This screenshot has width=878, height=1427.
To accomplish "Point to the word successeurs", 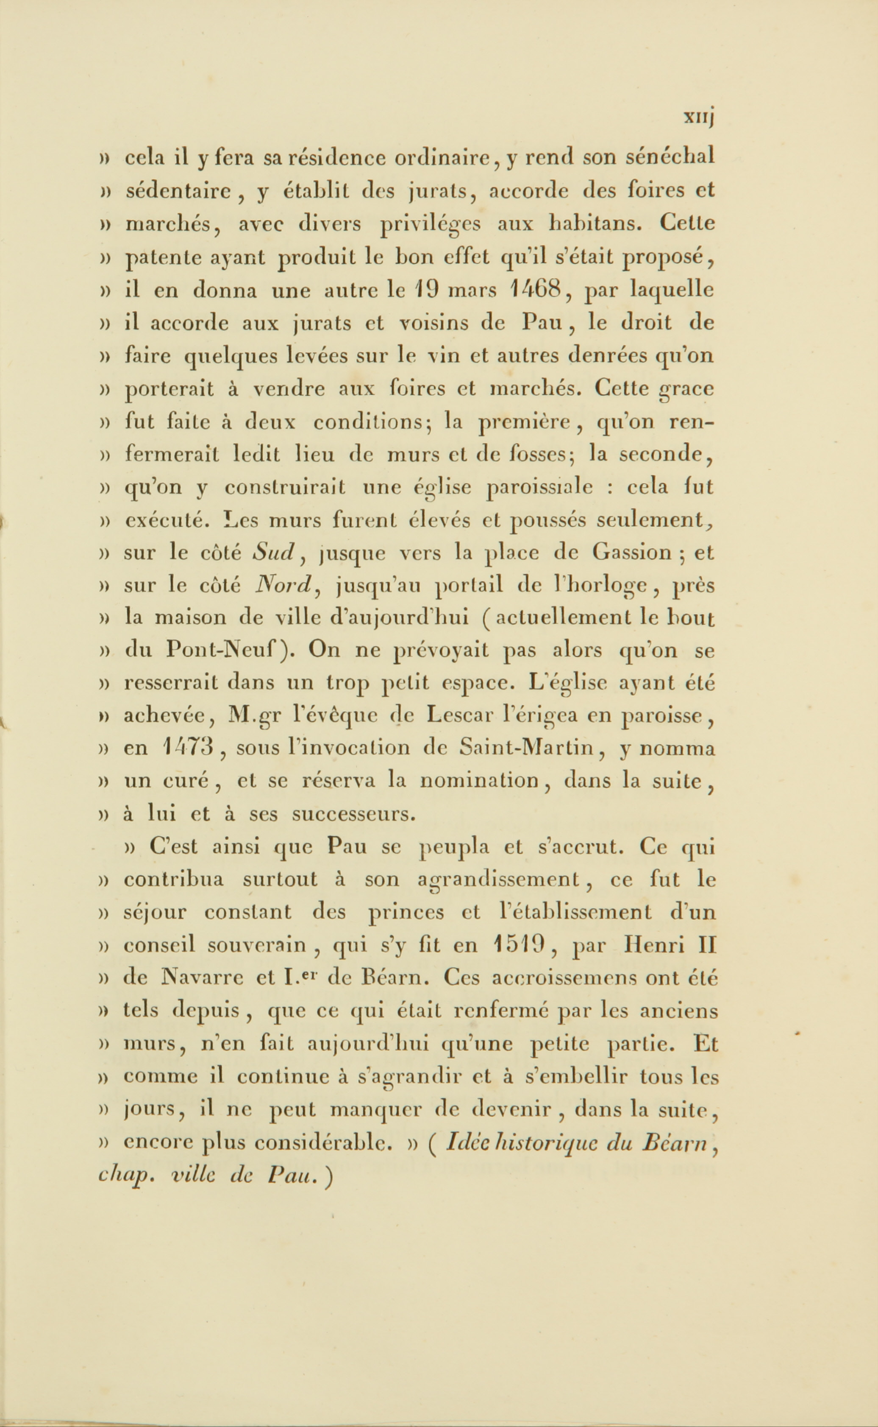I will click(x=354, y=813).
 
